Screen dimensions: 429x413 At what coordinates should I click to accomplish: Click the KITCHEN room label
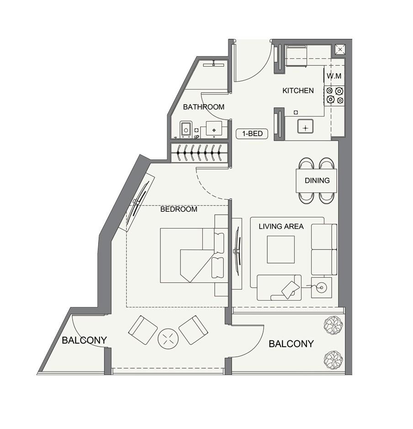pyautogui.click(x=298, y=90)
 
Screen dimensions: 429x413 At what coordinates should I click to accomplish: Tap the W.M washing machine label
pyautogui.click(x=334, y=76)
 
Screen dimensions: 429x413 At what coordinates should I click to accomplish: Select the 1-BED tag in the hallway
pyautogui.click(x=252, y=134)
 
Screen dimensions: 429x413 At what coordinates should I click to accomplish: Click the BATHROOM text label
pyautogui.click(x=203, y=107)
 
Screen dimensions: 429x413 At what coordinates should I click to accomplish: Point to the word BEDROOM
pyautogui.click(x=179, y=209)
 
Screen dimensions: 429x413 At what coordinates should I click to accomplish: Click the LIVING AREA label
pyautogui.click(x=281, y=226)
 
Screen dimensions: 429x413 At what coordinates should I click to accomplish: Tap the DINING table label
pyautogui.click(x=317, y=180)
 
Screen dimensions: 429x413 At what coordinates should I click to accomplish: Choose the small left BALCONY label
pyautogui.click(x=84, y=340)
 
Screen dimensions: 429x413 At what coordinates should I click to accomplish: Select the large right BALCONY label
pyautogui.click(x=291, y=344)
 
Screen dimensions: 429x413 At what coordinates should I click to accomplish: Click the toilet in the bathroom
pyautogui.click(x=186, y=129)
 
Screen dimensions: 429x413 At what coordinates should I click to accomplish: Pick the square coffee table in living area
pyautogui.click(x=281, y=249)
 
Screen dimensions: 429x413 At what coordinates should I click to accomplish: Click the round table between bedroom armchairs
pyautogui.click(x=168, y=339)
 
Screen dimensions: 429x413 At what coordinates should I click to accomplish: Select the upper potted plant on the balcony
pyautogui.click(x=333, y=325)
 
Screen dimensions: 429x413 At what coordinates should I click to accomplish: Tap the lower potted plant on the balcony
pyautogui.click(x=334, y=359)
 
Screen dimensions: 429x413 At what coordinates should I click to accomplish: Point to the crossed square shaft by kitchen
pyautogui.click(x=340, y=49)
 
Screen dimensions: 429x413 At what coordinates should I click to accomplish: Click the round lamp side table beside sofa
pyautogui.click(x=321, y=287)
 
